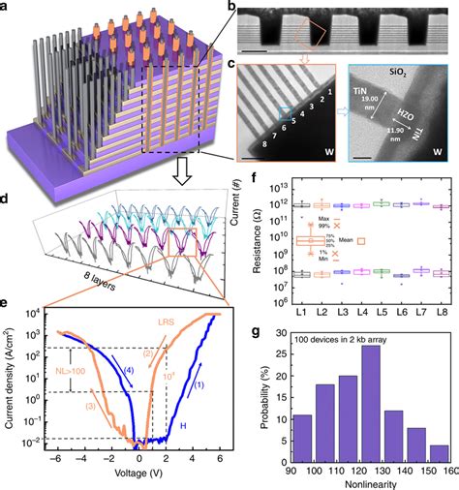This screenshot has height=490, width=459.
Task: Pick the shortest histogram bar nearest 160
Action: point(438,459)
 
